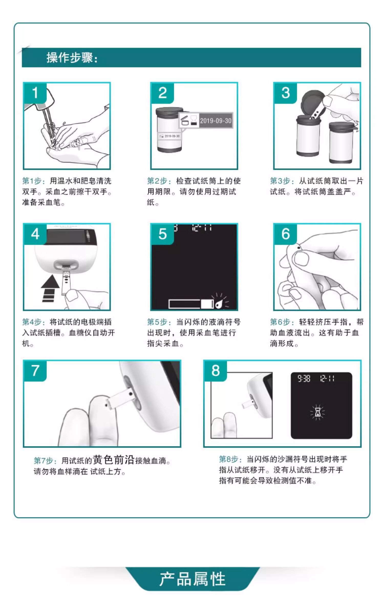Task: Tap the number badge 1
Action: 35,93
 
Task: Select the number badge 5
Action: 163,234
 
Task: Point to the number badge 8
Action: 216,371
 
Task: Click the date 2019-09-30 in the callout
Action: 216,121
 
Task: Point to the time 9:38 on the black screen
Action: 304,378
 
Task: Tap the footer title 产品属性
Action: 192,579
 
